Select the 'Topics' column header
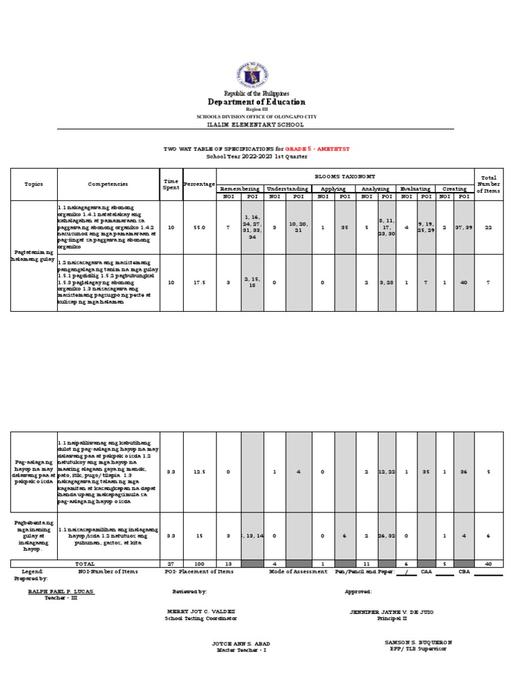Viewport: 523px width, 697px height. (x=33, y=184)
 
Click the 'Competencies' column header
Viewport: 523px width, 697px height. (x=108, y=184)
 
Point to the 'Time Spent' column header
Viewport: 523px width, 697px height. (x=171, y=184)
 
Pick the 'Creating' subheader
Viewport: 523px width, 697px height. (x=454, y=189)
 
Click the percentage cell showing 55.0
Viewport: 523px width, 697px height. (x=200, y=227)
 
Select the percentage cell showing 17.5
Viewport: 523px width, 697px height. (x=200, y=282)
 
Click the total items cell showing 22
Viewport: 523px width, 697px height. (x=489, y=227)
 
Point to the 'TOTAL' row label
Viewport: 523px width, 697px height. (x=85, y=564)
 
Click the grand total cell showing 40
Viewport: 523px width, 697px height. (x=489, y=564)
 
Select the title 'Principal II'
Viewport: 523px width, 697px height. (x=391, y=619)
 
